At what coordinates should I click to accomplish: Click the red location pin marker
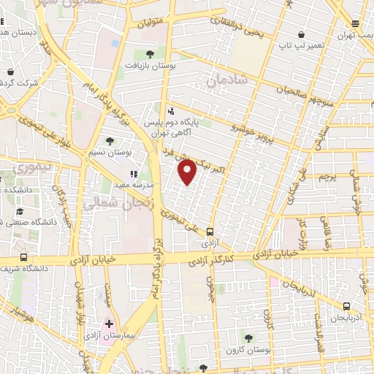188,173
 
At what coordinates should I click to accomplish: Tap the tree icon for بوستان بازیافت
150,53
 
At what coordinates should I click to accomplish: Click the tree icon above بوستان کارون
249,337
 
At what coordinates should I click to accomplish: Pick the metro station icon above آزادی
210,231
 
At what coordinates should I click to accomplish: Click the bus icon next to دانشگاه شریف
24,257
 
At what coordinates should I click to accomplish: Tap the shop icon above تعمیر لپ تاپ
302,34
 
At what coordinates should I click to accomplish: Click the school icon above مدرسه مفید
134,174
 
